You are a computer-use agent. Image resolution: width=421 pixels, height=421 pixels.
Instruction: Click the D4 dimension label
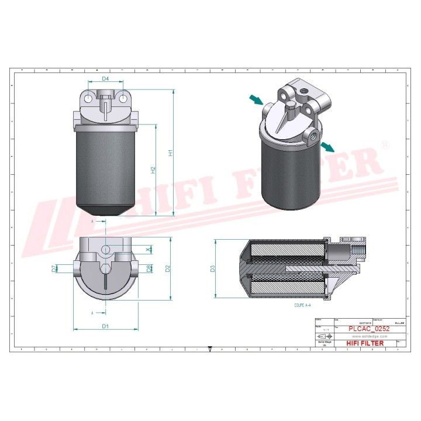click(x=105, y=78)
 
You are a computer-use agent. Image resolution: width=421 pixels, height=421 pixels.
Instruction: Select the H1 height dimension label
click(x=171, y=153)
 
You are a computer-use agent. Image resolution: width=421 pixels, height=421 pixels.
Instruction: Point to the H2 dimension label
click(x=153, y=170)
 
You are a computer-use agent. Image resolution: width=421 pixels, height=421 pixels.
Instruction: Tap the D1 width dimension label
click(x=105, y=326)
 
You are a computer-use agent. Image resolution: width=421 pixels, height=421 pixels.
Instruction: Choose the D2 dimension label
click(x=167, y=268)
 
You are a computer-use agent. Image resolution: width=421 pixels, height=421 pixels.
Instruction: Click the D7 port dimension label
click(x=54, y=268)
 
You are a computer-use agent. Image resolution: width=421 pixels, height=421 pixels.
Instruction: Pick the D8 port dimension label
click(x=150, y=268)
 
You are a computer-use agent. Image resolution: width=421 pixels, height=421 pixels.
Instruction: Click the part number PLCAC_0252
click(x=369, y=329)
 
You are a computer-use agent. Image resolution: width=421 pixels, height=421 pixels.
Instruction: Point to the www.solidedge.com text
click(x=369, y=336)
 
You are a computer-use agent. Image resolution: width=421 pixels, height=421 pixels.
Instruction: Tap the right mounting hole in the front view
click(x=123, y=99)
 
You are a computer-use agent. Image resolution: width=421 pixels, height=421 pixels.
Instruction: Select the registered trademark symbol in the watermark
click(x=385, y=144)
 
